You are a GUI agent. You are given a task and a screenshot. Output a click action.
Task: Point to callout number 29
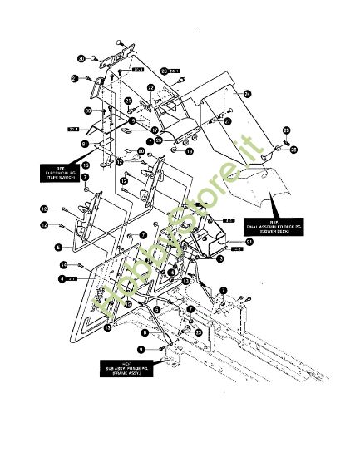coord(286,130)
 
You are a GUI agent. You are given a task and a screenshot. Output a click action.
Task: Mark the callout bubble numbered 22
coord(150,87)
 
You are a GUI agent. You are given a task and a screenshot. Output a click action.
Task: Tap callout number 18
coord(189,152)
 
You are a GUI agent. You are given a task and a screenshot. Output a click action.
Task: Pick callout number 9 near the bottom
coord(141,350)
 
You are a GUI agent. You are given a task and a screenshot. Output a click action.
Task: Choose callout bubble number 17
coord(155,130)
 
